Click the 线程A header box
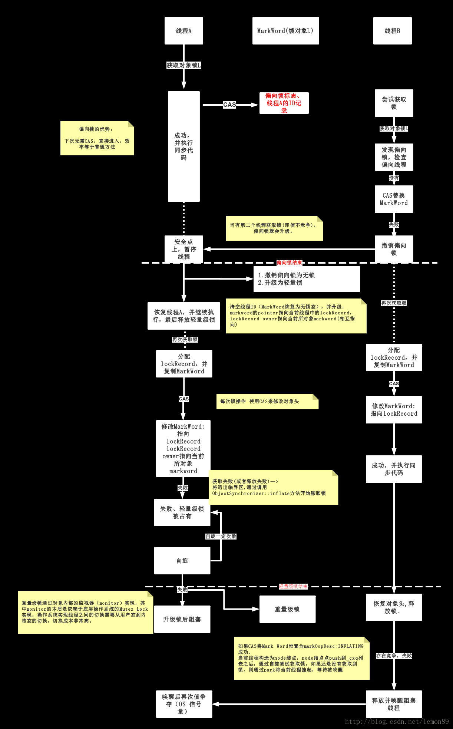[x=183, y=31]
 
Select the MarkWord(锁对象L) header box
[x=285, y=31]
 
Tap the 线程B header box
[x=392, y=31]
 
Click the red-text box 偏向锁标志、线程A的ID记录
[x=284, y=103]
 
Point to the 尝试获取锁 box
[x=394, y=103]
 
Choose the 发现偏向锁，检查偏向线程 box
[x=394, y=157]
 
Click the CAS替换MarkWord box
[x=394, y=199]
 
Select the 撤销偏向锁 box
[x=394, y=249]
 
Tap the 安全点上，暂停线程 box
[x=183, y=249]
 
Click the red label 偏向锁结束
[x=289, y=263]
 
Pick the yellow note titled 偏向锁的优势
[x=97, y=138]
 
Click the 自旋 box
[x=182, y=561]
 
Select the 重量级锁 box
[x=287, y=609]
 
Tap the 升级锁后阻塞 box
[x=182, y=619]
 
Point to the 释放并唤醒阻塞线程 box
[x=394, y=704]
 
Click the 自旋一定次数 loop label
[x=221, y=536]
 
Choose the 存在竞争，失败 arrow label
[x=394, y=656]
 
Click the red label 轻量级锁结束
[x=293, y=586]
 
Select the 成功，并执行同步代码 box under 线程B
[x=394, y=469]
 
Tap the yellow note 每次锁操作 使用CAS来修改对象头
[x=267, y=401]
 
